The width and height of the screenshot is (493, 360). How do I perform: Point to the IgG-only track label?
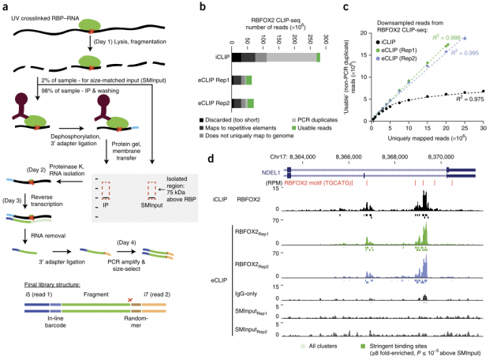click(260, 296)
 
